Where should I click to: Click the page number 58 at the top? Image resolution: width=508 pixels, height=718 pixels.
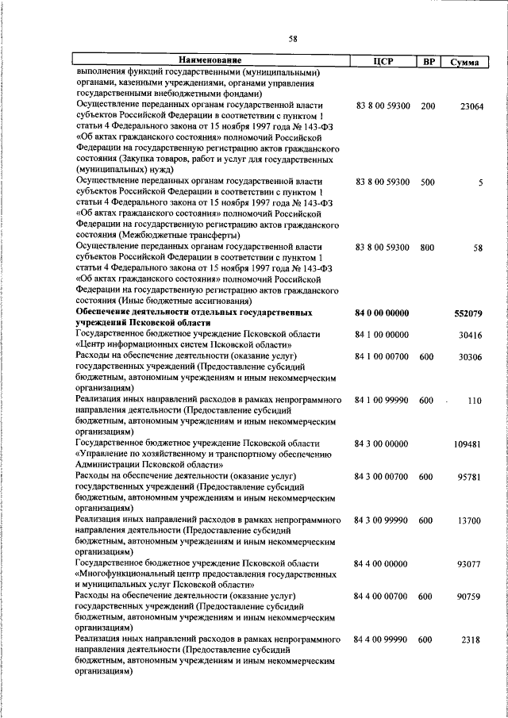coord(293,39)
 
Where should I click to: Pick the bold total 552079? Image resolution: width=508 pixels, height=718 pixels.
coord(468,313)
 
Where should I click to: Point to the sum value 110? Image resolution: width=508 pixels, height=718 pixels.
coord(475,401)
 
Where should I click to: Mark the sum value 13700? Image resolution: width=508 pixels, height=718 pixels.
coord(471,520)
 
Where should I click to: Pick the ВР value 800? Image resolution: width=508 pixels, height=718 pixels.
coord(427,248)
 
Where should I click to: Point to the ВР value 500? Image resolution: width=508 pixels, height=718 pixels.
coord(427,182)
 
